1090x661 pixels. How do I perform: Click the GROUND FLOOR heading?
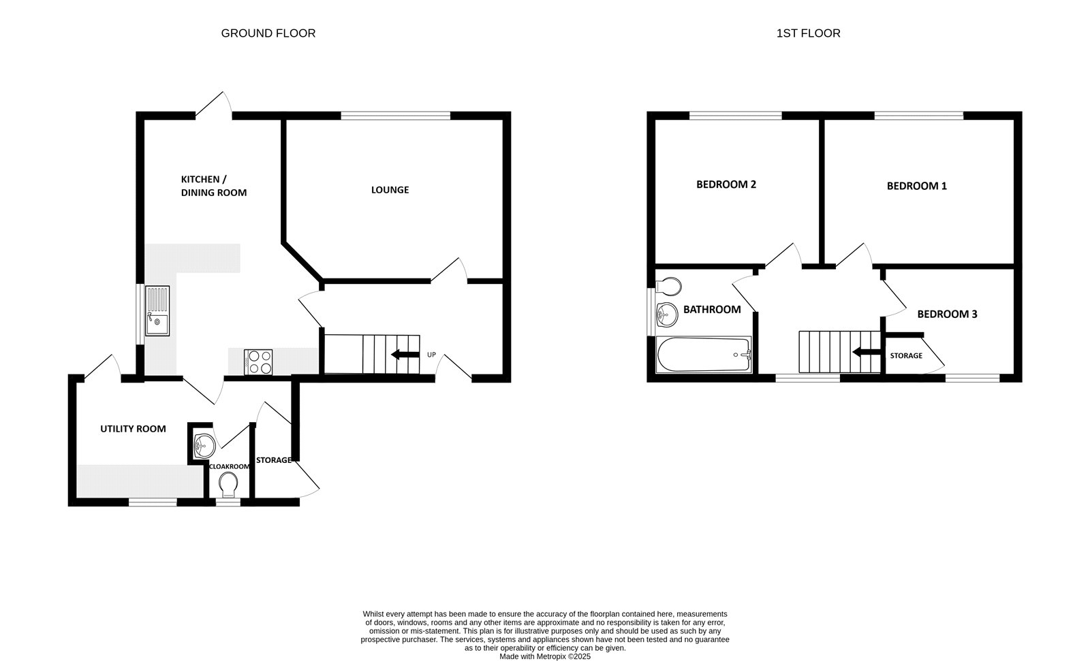(268, 33)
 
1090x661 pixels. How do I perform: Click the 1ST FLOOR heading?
(808, 33)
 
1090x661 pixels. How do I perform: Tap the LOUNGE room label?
(390, 190)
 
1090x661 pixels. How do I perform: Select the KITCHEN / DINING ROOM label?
(213, 186)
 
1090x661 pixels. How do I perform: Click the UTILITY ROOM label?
(133, 429)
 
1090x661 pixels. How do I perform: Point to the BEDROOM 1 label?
(916, 186)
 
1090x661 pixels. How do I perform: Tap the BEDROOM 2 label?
(726, 184)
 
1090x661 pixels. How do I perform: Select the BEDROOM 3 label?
(947, 315)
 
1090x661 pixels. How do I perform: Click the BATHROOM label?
(712, 310)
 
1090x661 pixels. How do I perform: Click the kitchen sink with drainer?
(157, 311)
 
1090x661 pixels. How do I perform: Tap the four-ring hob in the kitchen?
(258, 361)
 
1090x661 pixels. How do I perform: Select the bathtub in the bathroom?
(703, 355)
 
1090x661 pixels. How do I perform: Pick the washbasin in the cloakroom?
(204, 446)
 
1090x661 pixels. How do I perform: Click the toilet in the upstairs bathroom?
(668, 284)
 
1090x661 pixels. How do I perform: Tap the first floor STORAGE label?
(906, 356)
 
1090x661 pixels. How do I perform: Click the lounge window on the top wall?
(395, 116)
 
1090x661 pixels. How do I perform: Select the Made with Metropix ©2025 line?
(545, 657)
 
